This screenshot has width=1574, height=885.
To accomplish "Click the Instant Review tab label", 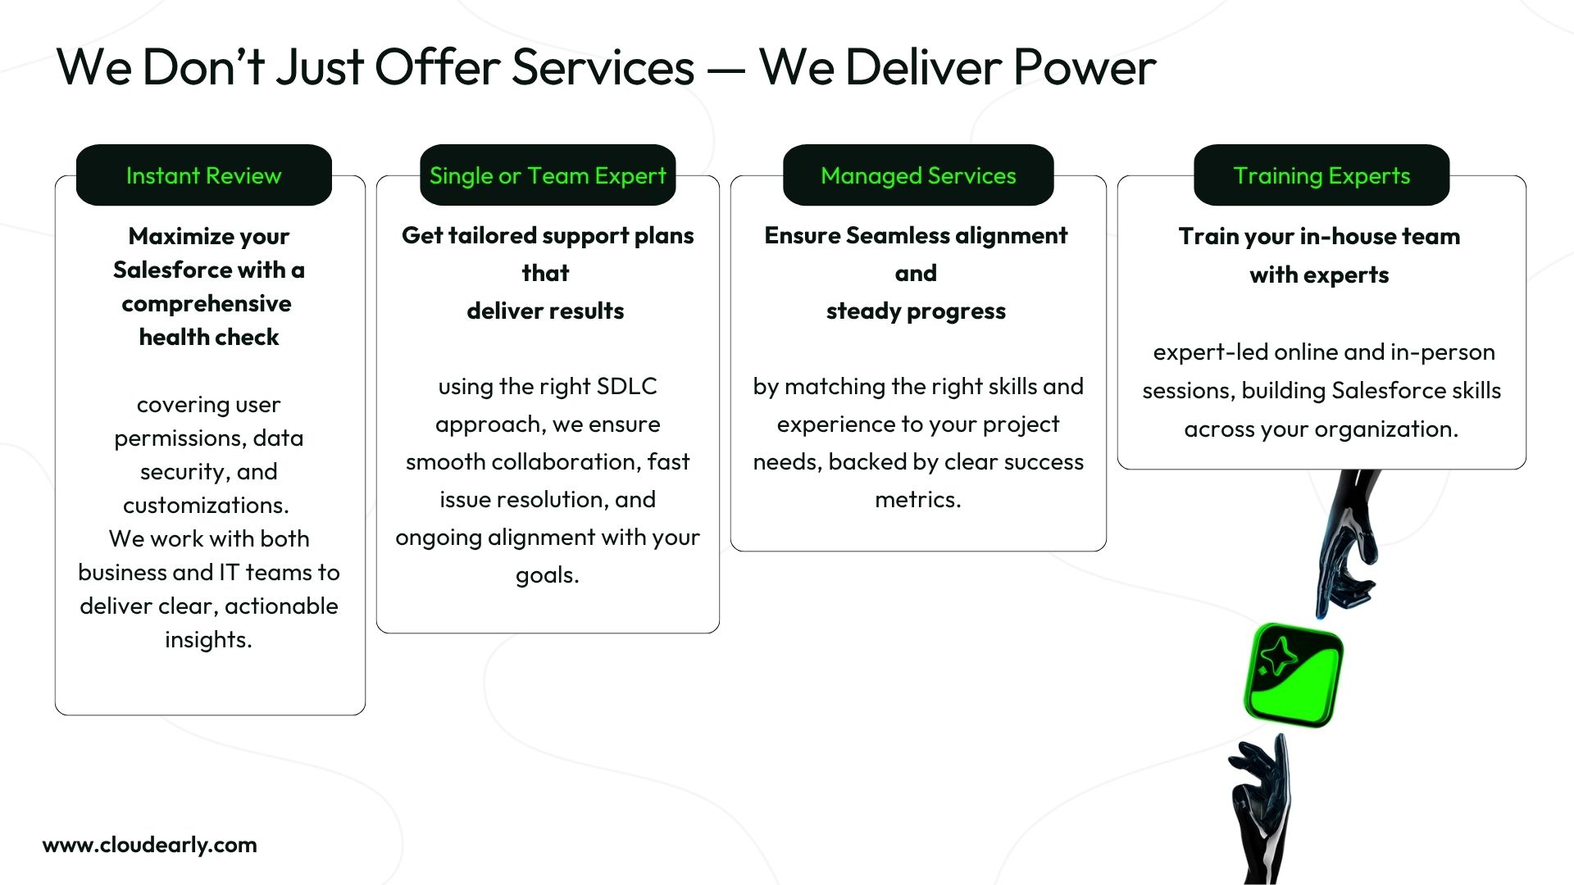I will point(203,175).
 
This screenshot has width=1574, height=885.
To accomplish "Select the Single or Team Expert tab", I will point(548,175).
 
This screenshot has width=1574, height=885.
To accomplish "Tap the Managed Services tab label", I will point(918,175).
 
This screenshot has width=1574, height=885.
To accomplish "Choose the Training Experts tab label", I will point(1322,175).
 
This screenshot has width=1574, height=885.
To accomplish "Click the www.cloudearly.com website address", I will point(150,845).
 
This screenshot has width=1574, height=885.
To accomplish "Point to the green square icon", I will point(1294,675).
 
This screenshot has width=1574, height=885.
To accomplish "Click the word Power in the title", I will point(1084,67).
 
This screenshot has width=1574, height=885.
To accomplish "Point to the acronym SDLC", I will point(626,387).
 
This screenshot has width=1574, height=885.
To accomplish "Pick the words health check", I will point(209,337).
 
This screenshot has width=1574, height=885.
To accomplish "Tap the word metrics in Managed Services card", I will point(917,500).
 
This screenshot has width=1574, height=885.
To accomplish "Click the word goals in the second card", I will point(546,575).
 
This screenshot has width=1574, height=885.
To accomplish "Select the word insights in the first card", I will point(207,640).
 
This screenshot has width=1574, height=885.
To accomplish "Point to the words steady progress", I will point(916,311).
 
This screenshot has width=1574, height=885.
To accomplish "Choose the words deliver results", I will point(545,311).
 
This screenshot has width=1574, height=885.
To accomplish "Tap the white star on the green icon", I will point(1278,656).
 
